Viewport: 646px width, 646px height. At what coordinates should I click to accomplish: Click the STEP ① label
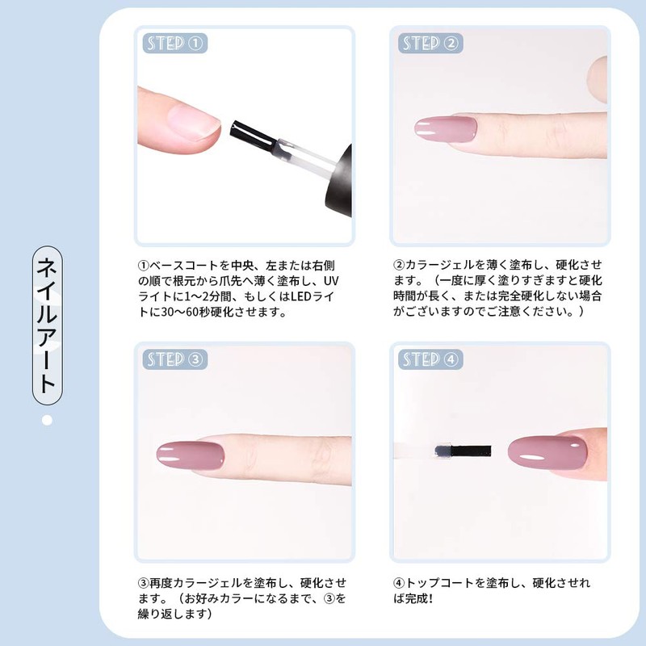pos(174,43)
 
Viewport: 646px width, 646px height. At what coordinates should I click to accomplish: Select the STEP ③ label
pos(174,359)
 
